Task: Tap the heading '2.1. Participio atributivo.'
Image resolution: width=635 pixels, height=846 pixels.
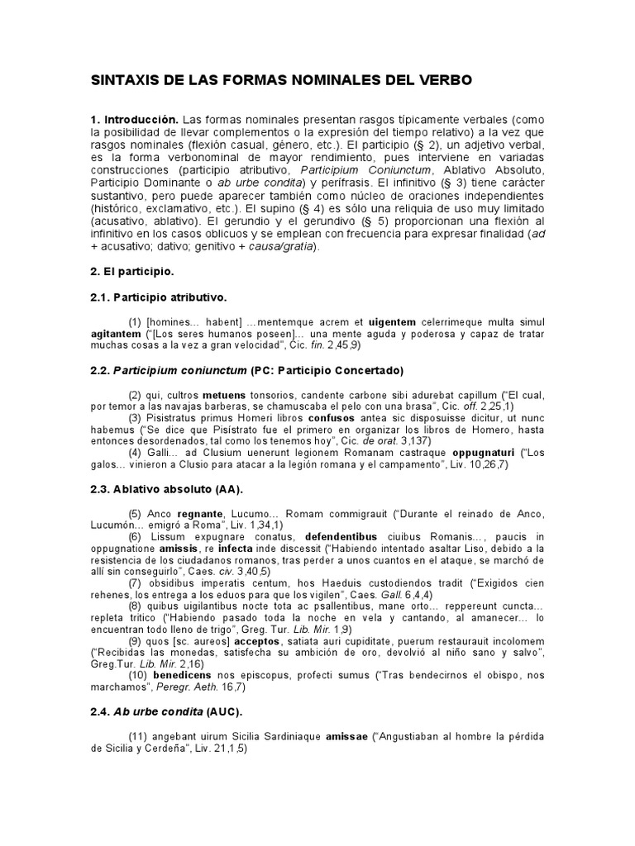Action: click(x=158, y=296)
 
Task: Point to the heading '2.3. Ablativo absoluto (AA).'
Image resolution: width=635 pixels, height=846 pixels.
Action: click(x=160, y=491)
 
